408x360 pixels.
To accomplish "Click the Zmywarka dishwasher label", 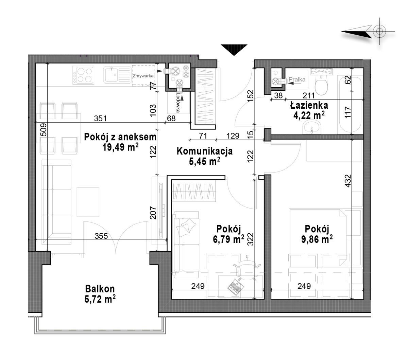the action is [x=143, y=76].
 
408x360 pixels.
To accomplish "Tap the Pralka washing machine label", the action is [x=297, y=79].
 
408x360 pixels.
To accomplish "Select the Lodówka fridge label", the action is [x=178, y=103].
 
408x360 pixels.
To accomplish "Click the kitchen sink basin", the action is [x=111, y=74].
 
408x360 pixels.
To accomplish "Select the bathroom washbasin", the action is [x=312, y=127].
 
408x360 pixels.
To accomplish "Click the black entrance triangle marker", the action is [x=234, y=50].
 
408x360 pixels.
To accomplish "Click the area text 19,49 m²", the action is [x=120, y=147].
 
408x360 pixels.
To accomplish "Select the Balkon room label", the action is [x=100, y=289].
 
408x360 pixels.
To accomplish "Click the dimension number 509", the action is [x=44, y=129].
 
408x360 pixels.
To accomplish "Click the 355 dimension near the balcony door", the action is [x=101, y=236].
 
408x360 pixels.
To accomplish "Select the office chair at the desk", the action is [x=248, y=269].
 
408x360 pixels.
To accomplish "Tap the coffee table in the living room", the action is [x=88, y=202].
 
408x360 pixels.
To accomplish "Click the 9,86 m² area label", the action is [x=317, y=239].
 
